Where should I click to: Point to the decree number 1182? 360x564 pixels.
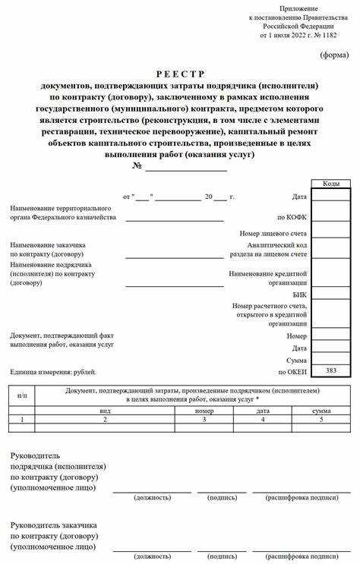(x=327, y=35)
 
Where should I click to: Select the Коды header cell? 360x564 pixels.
(x=330, y=184)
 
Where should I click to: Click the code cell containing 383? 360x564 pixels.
(x=330, y=370)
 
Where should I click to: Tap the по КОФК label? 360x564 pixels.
(x=292, y=217)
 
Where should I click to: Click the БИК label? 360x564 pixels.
(x=299, y=294)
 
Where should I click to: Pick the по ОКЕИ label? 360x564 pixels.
(x=292, y=373)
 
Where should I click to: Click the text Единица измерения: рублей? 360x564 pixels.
(x=52, y=373)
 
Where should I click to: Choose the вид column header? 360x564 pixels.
(x=105, y=409)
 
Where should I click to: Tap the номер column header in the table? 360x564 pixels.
(x=204, y=409)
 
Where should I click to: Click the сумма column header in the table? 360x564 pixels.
(x=321, y=409)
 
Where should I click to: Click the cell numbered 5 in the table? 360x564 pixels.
(x=321, y=419)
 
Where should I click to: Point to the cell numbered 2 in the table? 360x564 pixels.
(x=105, y=419)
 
